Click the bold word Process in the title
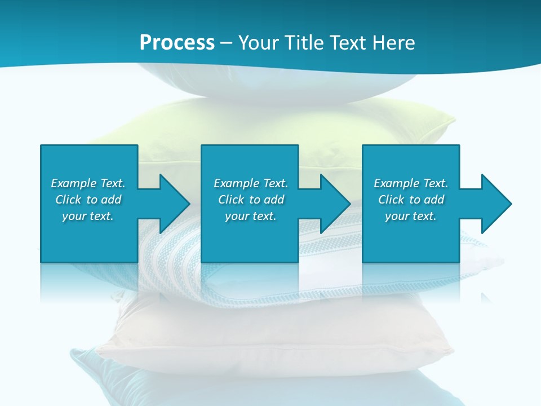177,42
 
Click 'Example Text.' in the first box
88,183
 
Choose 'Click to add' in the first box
88,200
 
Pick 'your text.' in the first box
88,216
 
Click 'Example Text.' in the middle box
251,183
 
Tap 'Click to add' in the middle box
251,200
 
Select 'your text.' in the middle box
251,216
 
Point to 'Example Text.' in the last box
411,183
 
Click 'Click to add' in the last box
411,200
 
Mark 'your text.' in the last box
411,216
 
